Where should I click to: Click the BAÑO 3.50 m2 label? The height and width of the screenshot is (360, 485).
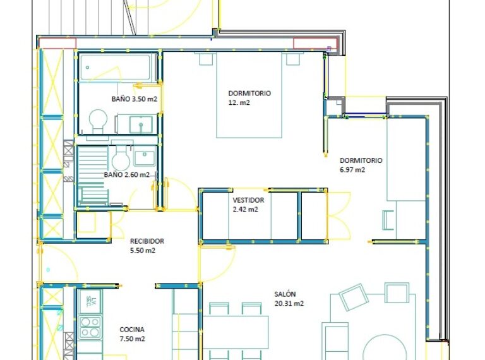point(135,99)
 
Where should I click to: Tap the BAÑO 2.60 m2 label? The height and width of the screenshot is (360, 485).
point(126,175)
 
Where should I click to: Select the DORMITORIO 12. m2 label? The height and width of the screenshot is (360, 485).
point(249,98)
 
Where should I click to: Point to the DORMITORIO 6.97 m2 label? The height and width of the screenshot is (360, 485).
point(361,165)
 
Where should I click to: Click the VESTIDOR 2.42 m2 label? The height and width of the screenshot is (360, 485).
point(248,205)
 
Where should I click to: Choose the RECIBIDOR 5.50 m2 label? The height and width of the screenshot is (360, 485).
point(147,246)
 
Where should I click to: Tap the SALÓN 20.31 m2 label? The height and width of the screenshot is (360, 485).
point(289,299)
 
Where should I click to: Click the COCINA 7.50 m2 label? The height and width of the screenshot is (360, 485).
point(132,334)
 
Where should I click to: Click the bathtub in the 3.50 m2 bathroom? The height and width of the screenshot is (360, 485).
point(118,68)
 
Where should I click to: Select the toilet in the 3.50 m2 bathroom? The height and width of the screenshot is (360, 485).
point(98,121)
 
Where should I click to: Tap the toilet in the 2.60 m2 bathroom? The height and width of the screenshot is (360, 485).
point(121,158)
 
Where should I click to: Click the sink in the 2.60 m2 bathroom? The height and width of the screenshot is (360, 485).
point(145,158)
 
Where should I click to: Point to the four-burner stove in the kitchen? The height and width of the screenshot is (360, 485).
point(90,327)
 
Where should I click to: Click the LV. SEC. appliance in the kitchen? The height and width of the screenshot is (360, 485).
point(90,302)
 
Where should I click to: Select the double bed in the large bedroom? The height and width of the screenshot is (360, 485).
point(249,95)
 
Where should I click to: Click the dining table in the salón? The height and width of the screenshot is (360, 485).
point(236,332)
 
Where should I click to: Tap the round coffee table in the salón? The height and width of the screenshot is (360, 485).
point(384,347)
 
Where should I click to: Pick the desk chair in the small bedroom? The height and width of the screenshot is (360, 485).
point(388,220)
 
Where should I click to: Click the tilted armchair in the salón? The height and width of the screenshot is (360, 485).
point(354,297)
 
